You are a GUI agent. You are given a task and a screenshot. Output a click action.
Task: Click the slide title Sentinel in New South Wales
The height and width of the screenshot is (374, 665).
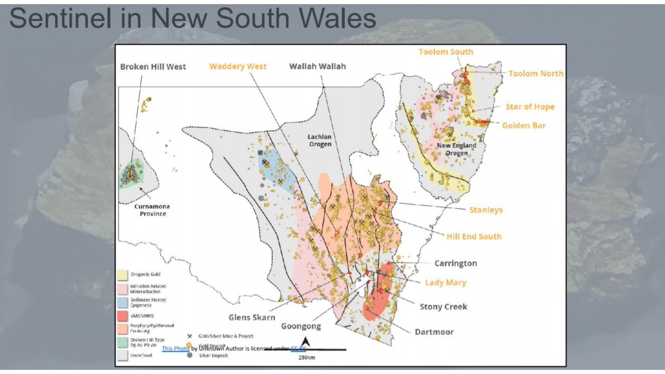pos(193,19)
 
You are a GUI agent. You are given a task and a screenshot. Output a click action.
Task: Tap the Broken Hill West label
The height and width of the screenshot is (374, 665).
pos(154,66)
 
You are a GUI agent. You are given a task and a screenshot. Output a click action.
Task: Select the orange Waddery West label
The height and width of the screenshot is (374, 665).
pos(238,66)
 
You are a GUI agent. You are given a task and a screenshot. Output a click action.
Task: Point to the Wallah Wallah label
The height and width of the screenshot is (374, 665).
pos(318,66)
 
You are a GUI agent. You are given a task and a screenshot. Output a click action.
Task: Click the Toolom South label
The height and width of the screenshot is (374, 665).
pos(446,52)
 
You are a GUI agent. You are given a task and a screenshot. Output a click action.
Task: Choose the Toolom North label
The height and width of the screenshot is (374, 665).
pos(535,74)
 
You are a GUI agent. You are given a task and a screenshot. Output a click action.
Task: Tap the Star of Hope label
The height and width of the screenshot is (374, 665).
pos(529,107)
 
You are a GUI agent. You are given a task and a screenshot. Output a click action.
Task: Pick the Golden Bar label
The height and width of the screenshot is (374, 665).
pos(524,126)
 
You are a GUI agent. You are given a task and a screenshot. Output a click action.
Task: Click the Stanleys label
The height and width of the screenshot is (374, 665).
pos(486,211)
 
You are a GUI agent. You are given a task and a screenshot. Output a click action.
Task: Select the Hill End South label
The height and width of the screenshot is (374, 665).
pos(474,237)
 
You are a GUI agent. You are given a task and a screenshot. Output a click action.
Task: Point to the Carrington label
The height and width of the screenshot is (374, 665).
pos(455,263)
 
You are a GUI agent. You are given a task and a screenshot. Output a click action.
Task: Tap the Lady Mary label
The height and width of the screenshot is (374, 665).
pos(445,283)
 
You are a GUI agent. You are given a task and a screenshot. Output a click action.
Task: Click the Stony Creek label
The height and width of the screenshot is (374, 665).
pos(443,306)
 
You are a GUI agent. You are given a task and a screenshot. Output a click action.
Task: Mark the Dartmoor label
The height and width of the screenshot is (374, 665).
pos(434,332)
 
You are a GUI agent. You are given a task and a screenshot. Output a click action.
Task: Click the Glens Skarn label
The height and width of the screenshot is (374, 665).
pos(252,317)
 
